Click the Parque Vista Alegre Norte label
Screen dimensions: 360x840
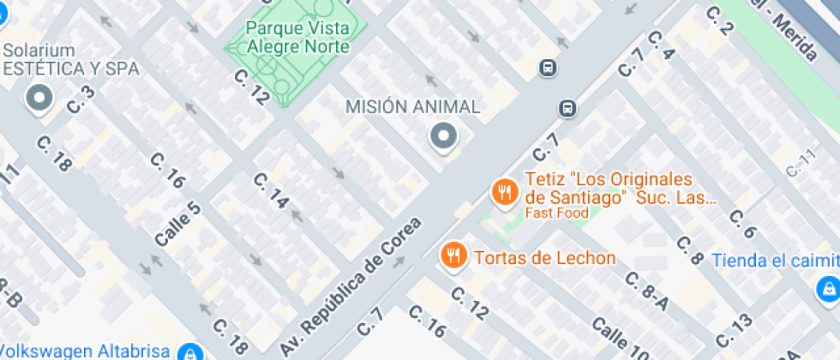point(297,37)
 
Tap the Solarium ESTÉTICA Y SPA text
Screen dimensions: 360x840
point(70,60)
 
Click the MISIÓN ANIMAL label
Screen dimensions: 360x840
point(412,106)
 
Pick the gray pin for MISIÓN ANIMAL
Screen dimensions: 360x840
point(443,135)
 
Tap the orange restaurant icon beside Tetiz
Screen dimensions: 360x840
point(504,191)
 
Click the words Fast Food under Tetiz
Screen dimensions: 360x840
point(556,213)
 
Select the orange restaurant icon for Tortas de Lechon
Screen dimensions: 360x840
point(453,255)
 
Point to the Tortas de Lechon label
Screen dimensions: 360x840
point(544,258)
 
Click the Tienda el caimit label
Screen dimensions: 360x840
point(775,260)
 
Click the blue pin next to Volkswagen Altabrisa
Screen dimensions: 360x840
point(190,351)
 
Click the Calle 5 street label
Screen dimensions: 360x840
point(177,225)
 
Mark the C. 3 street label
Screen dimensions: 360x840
point(80,101)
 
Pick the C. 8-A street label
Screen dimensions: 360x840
point(647,291)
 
